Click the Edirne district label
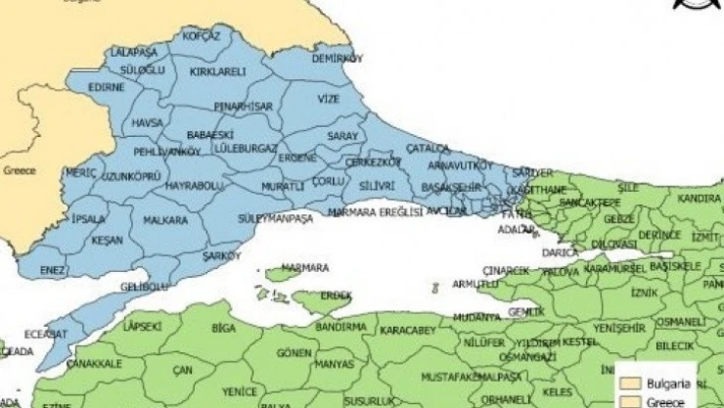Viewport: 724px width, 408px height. point(107,87)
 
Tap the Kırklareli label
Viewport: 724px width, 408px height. point(217,72)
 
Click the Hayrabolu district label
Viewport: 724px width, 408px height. point(195,185)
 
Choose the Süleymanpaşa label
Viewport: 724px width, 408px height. point(275,217)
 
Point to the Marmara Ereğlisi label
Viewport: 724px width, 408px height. point(376,210)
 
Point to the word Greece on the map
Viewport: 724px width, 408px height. point(19,170)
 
